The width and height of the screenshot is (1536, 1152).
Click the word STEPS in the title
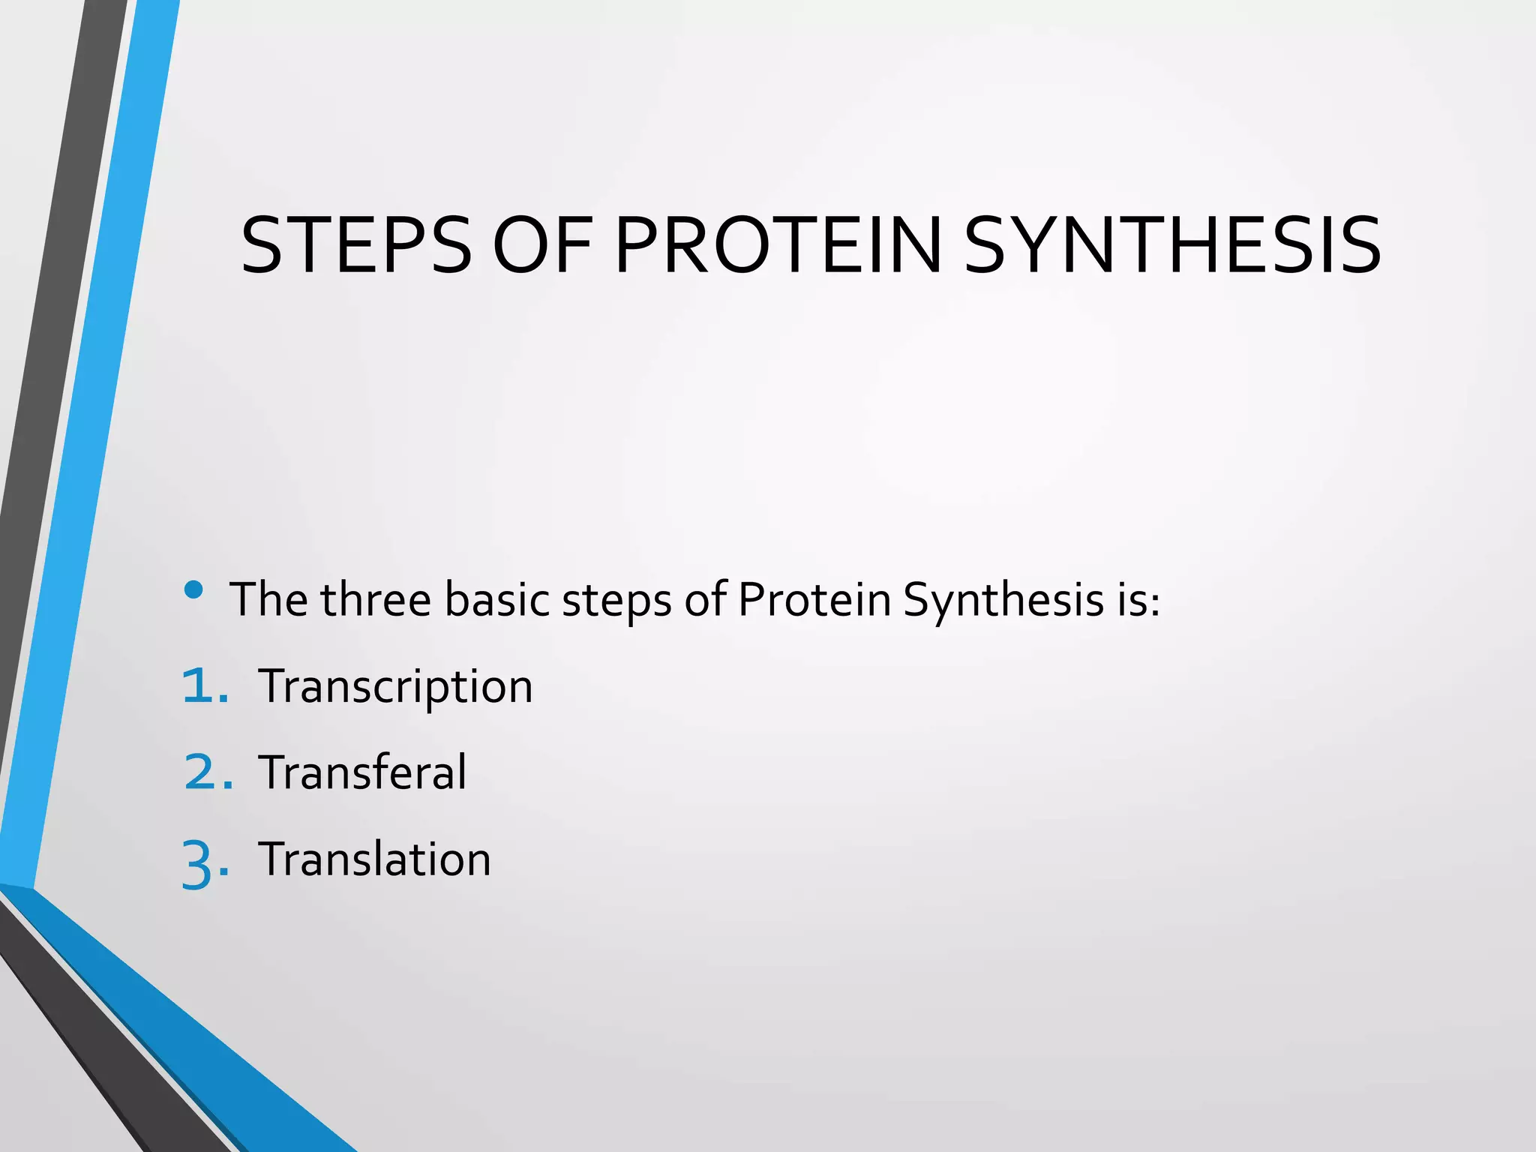356,246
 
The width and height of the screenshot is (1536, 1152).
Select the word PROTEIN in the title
777,246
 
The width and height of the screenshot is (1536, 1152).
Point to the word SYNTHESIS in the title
1171,246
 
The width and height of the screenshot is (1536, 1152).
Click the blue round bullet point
193,590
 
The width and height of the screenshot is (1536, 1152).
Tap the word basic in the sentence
496,600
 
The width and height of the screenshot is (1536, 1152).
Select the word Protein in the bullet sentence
814,600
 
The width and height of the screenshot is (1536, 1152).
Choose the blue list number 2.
207,772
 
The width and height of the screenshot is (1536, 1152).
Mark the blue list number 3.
204,862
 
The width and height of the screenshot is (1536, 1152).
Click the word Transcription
395,687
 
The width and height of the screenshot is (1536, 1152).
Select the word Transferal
362,772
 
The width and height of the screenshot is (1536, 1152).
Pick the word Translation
374,859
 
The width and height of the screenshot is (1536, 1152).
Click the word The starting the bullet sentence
268,600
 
